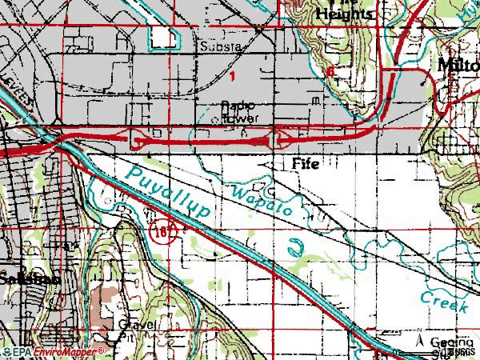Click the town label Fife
[x=305, y=164]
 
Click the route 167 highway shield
[x=157, y=232]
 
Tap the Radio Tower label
[x=240, y=111]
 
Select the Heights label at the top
[x=344, y=14]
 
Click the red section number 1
[x=232, y=77]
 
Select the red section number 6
[x=330, y=71]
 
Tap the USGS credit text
[x=461, y=352]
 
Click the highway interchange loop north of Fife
[x=278, y=141]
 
